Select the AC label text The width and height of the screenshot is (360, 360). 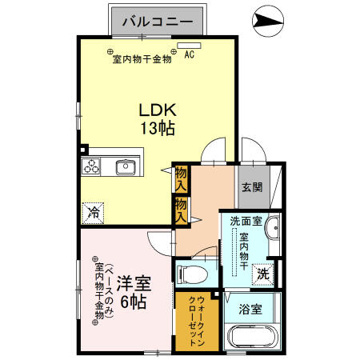coord(190,55)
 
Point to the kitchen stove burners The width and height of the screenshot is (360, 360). coord(91,166)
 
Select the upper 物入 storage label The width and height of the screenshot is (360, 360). coord(182,178)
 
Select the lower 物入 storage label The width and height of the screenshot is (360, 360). coord(182,210)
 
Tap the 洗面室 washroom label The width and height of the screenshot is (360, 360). coord(245,219)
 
